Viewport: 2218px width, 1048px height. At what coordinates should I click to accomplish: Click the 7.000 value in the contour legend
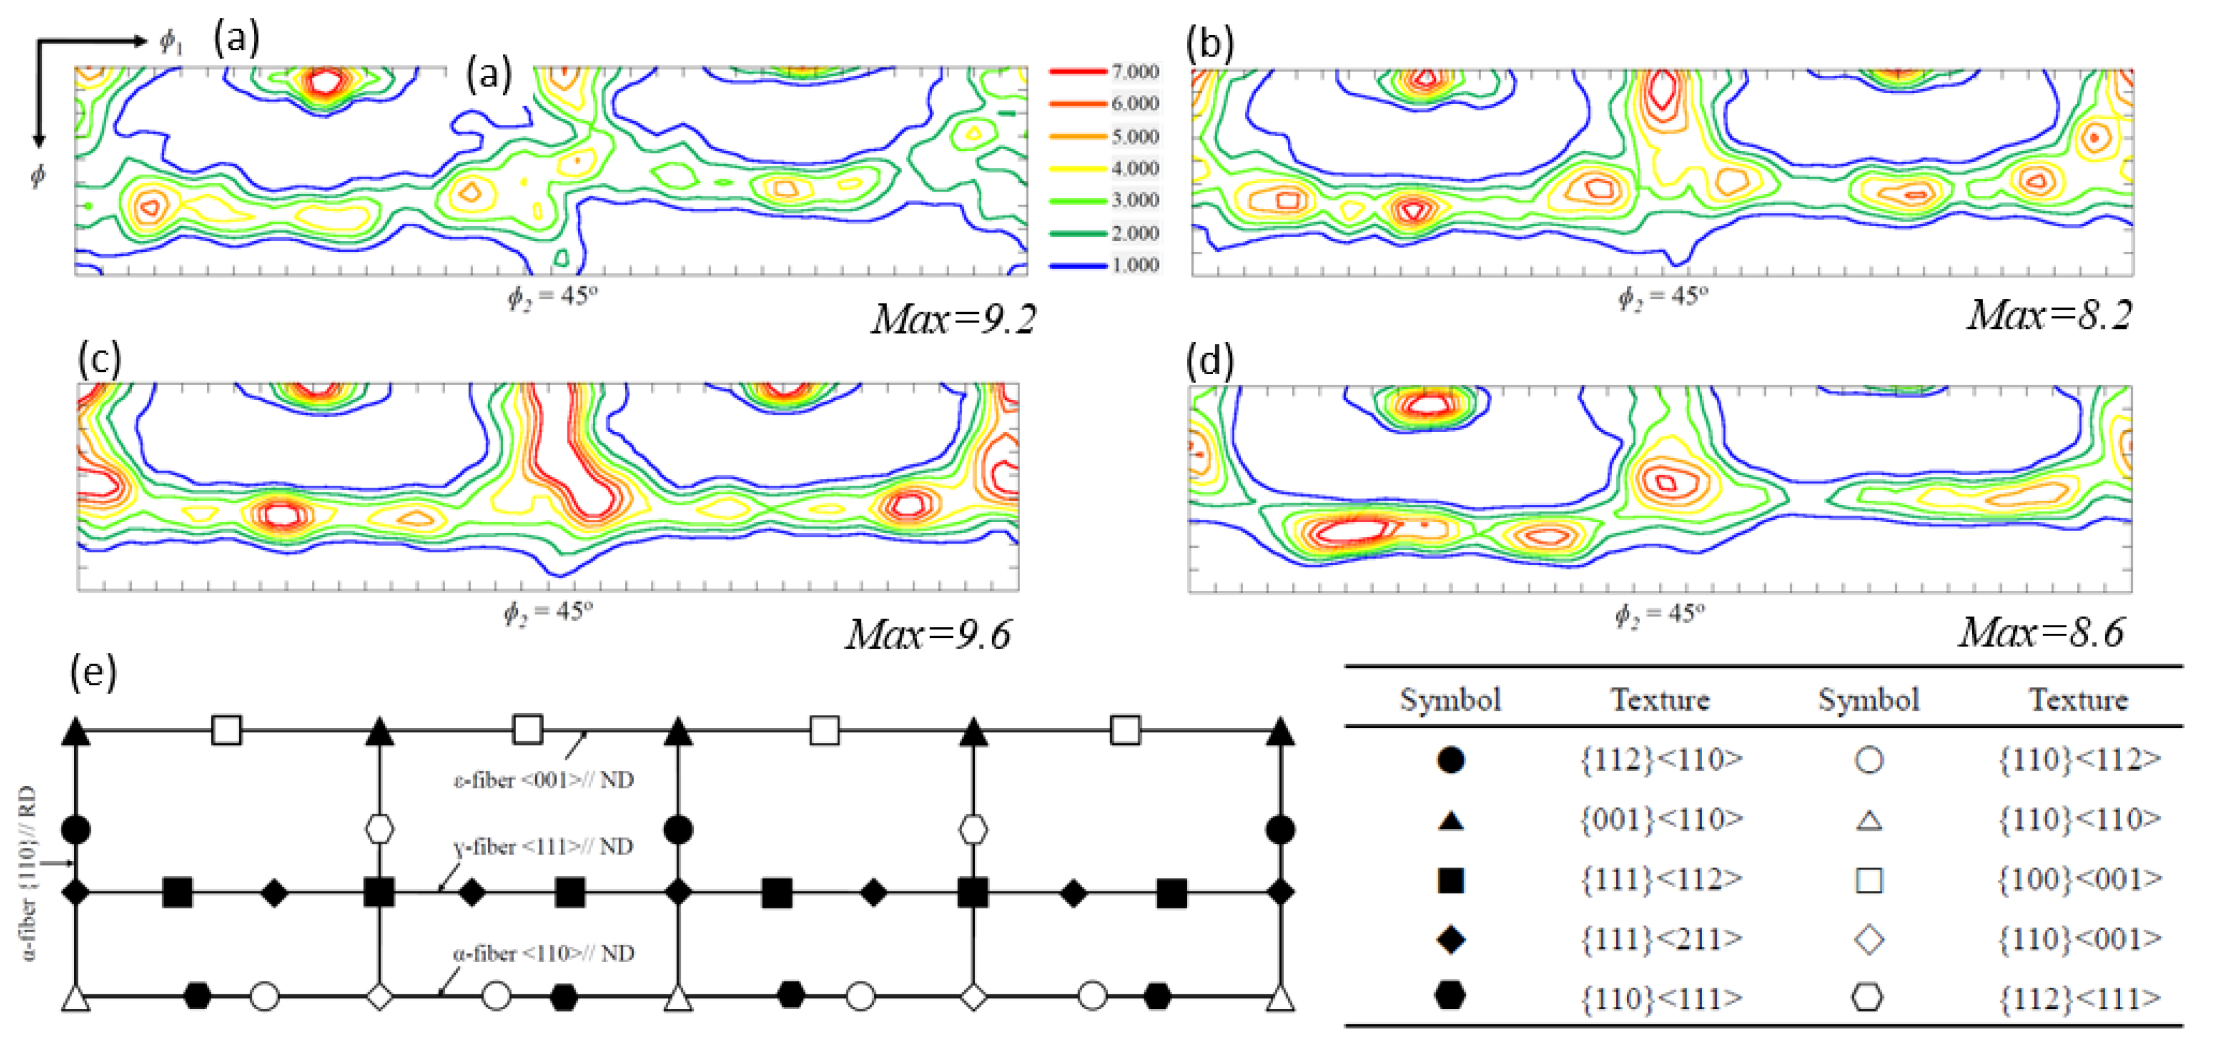tap(1134, 72)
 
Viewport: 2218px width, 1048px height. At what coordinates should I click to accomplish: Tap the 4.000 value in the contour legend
tap(1134, 168)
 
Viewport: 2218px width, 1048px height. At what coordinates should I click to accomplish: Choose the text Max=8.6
tap(2041, 634)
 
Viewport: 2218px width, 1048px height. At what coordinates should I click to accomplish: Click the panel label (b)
tap(1210, 43)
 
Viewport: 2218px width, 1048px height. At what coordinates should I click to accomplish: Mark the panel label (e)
tap(93, 671)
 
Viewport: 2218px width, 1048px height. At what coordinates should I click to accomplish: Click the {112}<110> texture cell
tap(1661, 760)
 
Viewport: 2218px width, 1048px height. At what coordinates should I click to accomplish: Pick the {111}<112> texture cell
tap(1661, 879)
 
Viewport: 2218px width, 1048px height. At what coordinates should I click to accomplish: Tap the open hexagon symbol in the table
tap(1868, 998)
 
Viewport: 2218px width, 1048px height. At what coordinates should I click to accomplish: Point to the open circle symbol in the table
tap(1868, 760)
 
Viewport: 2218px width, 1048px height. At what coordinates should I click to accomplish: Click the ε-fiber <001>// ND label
tap(543, 780)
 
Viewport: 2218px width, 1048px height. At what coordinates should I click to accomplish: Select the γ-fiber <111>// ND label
tap(543, 847)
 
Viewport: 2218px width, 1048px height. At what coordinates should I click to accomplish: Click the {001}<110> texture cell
tap(1661, 819)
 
